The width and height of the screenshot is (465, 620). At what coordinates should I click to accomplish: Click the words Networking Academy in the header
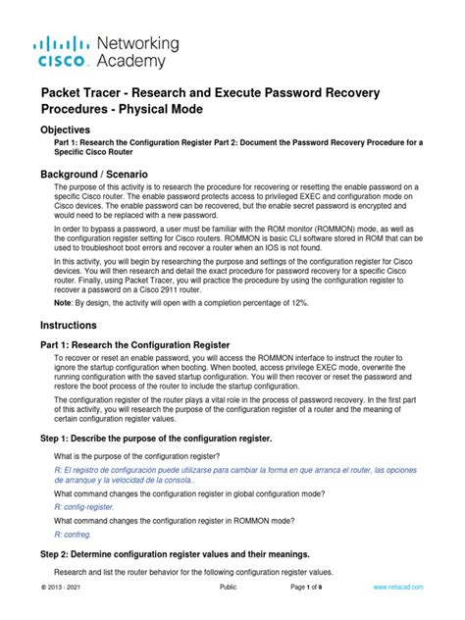point(137,52)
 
